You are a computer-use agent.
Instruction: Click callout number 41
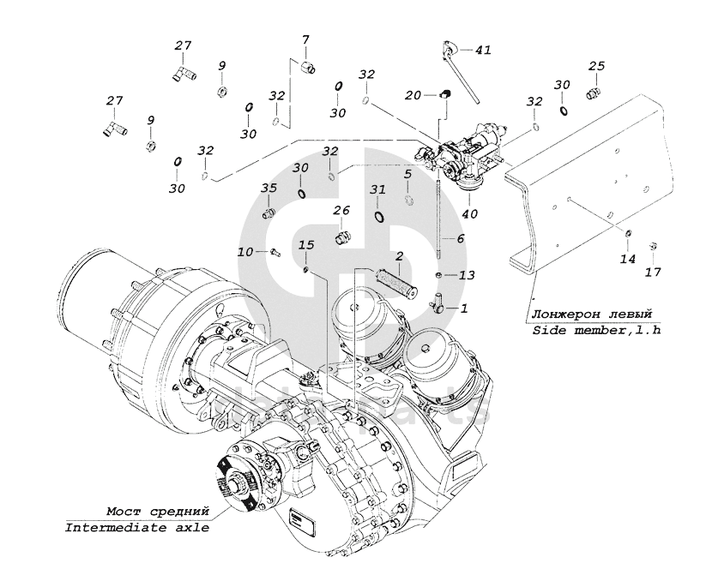[x=483, y=50]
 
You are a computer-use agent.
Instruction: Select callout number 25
[x=596, y=66]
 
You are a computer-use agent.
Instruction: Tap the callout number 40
[x=469, y=213]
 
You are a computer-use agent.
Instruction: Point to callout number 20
[x=413, y=95]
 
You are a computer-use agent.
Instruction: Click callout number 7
[x=305, y=39]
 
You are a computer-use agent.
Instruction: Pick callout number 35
[x=269, y=188]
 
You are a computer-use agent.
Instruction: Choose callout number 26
[x=341, y=211]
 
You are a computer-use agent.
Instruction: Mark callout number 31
[x=377, y=190]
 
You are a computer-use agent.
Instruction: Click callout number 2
[x=399, y=256]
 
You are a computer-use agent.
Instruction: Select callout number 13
[x=467, y=275]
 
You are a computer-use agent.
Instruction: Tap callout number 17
[x=654, y=272]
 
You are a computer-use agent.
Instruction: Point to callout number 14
[x=628, y=259]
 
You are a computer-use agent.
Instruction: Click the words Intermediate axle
[x=137, y=528]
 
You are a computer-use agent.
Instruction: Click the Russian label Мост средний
[x=158, y=512]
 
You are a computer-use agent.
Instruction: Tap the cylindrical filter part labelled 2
[x=396, y=279]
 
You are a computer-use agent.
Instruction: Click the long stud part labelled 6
[x=438, y=221]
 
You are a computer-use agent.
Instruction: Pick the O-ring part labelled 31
[x=378, y=216]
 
